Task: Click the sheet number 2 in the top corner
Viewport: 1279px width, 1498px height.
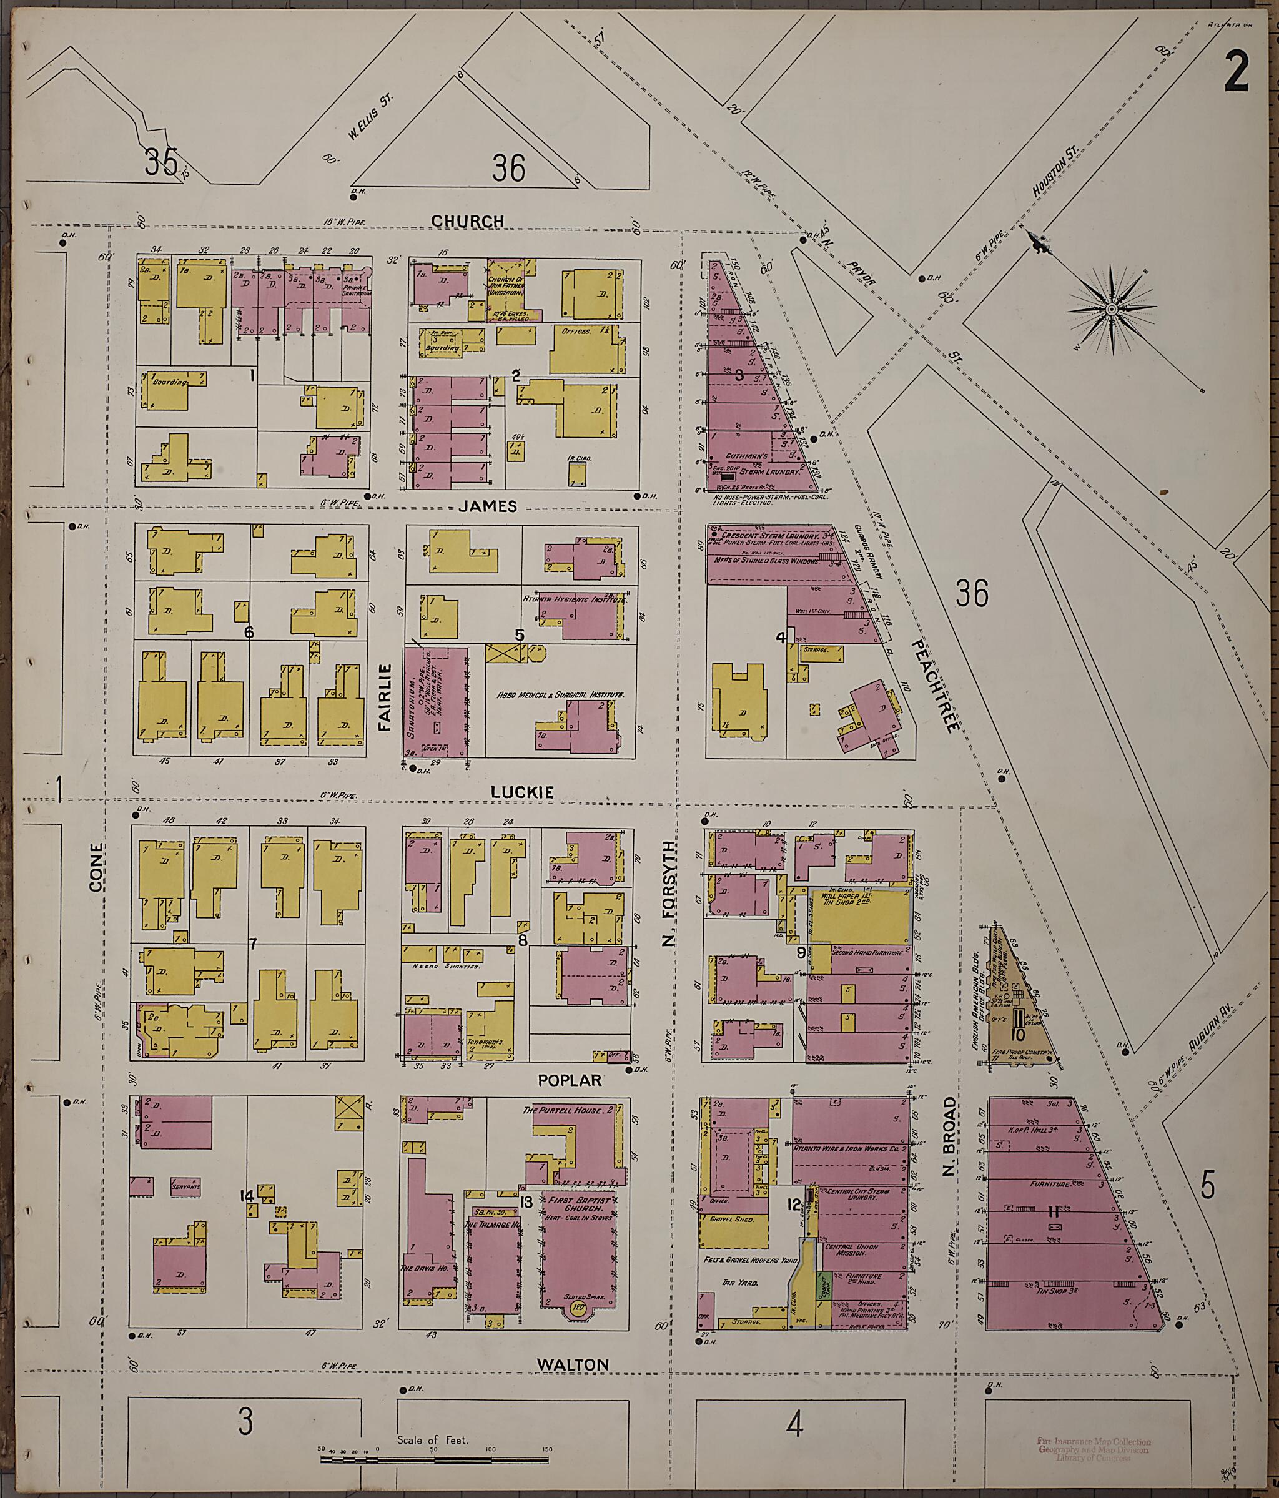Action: (x=1237, y=74)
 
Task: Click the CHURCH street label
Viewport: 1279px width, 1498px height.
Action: (x=467, y=221)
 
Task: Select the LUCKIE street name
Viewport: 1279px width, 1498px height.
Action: (x=522, y=792)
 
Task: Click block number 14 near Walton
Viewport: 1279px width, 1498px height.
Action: (x=246, y=1196)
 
